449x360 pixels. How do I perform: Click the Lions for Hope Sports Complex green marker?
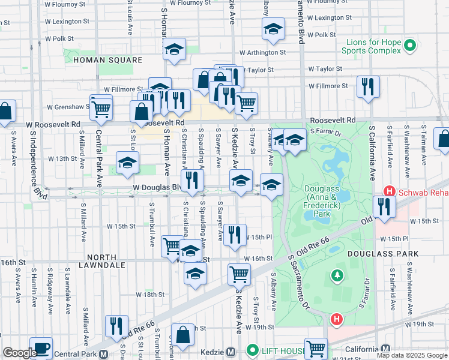410,44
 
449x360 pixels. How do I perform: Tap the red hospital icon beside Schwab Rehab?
389,191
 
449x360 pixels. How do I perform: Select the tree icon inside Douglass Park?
337,275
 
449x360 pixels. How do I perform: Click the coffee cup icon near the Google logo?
41,347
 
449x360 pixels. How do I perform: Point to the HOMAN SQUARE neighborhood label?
107,61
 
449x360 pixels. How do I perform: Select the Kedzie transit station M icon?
231,352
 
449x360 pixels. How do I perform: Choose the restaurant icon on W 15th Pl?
235,234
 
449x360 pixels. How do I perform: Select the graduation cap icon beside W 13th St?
127,163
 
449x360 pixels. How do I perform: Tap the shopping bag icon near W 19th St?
182,335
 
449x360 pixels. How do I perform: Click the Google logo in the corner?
20,353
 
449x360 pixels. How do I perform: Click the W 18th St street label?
150,295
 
